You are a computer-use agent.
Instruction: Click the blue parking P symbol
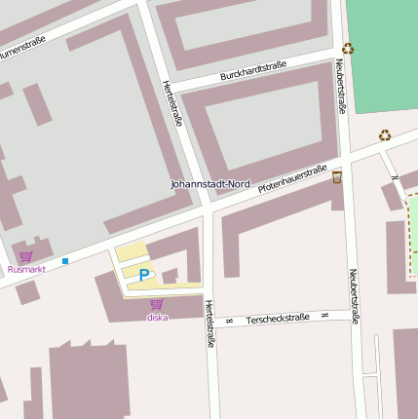click(x=144, y=276)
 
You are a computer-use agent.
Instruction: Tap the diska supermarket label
click(x=157, y=318)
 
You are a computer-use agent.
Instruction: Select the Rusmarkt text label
click(x=26, y=269)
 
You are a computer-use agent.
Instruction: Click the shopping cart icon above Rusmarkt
click(x=25, y=256)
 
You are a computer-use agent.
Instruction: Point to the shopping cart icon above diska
click(x=156, y=305)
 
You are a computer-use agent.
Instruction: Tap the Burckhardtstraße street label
click(x=253, y=70)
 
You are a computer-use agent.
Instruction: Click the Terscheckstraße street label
click(x=278, y=319)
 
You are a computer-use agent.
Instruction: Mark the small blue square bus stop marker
click(x=65, y=261)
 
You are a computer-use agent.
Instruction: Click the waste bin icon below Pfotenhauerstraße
click(x=337, y=176)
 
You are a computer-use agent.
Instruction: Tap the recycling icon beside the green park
click(x=348, y=48)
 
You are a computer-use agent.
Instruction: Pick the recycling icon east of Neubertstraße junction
click(x=385, y=135)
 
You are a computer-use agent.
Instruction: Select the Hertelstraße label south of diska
click(x=209, y=324)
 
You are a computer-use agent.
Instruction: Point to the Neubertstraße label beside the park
click(x=341, y=86)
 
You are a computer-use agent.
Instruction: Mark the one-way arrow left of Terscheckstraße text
click(x=229, y=321)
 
